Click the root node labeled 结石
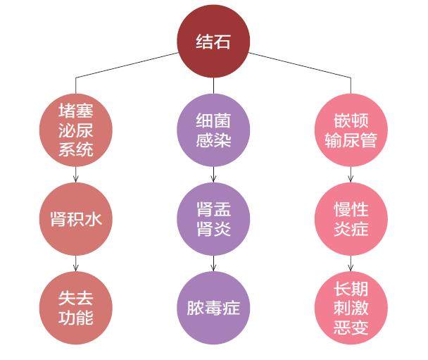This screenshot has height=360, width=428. [x=213, y=41]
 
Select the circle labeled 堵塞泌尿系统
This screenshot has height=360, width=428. [x=75, y=129]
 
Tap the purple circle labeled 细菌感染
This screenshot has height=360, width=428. [x=213, y=130]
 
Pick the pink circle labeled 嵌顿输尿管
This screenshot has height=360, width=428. [x=351, y=130]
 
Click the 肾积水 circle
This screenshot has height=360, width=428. [x=75, y=218]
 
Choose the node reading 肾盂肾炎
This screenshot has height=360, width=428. [x=213, y=219]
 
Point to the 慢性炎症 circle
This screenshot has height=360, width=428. [x=351, y=219]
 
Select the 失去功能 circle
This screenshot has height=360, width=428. [x=75, y=308]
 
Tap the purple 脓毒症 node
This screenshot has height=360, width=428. [x=213, y=308]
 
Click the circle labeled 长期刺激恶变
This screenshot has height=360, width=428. [x=351, y=308]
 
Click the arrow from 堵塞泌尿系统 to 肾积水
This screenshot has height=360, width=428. [x=75, y=174]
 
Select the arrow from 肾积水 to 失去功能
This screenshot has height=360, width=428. [x=75, y=263]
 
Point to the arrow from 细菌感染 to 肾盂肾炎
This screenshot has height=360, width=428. [x=213, y=174]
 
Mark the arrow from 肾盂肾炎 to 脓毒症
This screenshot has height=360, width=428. [x=213, y=263]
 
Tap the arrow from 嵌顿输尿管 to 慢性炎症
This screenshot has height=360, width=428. [x=351, y=174]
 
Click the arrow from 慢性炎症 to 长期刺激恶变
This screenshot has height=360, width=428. [x=351, y=263]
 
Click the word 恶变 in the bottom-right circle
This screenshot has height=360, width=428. [x=351, y=327]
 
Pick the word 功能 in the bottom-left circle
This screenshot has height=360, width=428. [x=75, y=318]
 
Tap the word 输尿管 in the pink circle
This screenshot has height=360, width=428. [x=351, y=139]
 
